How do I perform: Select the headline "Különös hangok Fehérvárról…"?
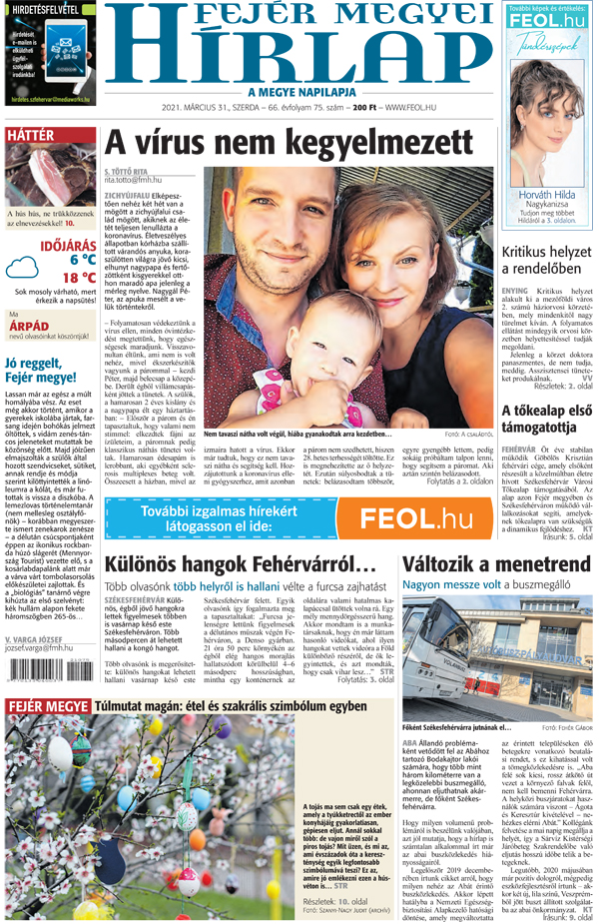(x=240, y=564)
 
